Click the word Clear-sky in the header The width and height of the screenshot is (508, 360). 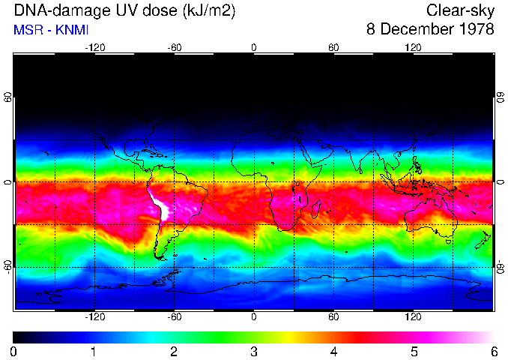click(x=460, y=10)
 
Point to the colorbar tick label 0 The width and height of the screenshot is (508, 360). click(x=13, y=351)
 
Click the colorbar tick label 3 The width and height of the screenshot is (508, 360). click(x=254, y=351)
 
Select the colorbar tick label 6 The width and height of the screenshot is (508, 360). click(x=494, y=351)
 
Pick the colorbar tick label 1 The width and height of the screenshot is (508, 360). click(x=94, y=351)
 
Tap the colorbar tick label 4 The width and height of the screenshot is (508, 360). click(x=333, y=351)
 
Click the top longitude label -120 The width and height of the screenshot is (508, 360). click(x=94, y=47)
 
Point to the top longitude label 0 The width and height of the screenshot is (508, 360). click(x=254, y=47)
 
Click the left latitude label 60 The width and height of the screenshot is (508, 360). click(x=8, y=99)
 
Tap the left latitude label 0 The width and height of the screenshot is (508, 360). click(x=8, y=182)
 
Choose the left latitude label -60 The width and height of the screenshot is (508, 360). click(x=8, y=265)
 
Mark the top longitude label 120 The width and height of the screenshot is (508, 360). click(x=413, y=47)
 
